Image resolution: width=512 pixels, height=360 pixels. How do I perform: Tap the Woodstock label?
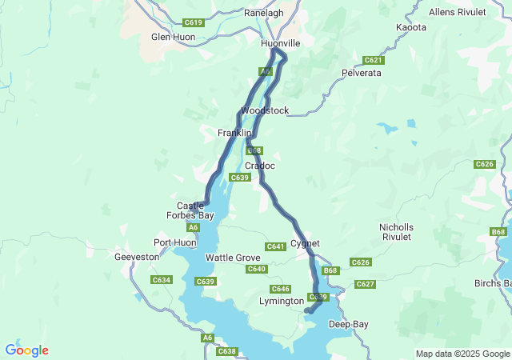pos(265,110)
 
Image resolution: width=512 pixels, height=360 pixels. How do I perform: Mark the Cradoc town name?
pos(260,166)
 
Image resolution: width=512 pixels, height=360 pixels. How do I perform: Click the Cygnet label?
pos(305,243)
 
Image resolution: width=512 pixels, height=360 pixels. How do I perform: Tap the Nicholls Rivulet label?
pos(396,232)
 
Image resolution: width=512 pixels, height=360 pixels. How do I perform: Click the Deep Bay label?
pos(349,324)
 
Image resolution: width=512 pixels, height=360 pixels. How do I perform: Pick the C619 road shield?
pos(194,22)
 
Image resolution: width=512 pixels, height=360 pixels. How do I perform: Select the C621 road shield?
pos(373,60)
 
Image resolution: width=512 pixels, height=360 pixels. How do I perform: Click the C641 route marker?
pos(276,246)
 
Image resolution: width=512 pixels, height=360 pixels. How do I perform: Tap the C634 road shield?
pos(162,280)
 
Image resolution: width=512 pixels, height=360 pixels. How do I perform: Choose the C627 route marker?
pos(365,284)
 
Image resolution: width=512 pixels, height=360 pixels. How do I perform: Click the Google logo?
pos(26,350)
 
